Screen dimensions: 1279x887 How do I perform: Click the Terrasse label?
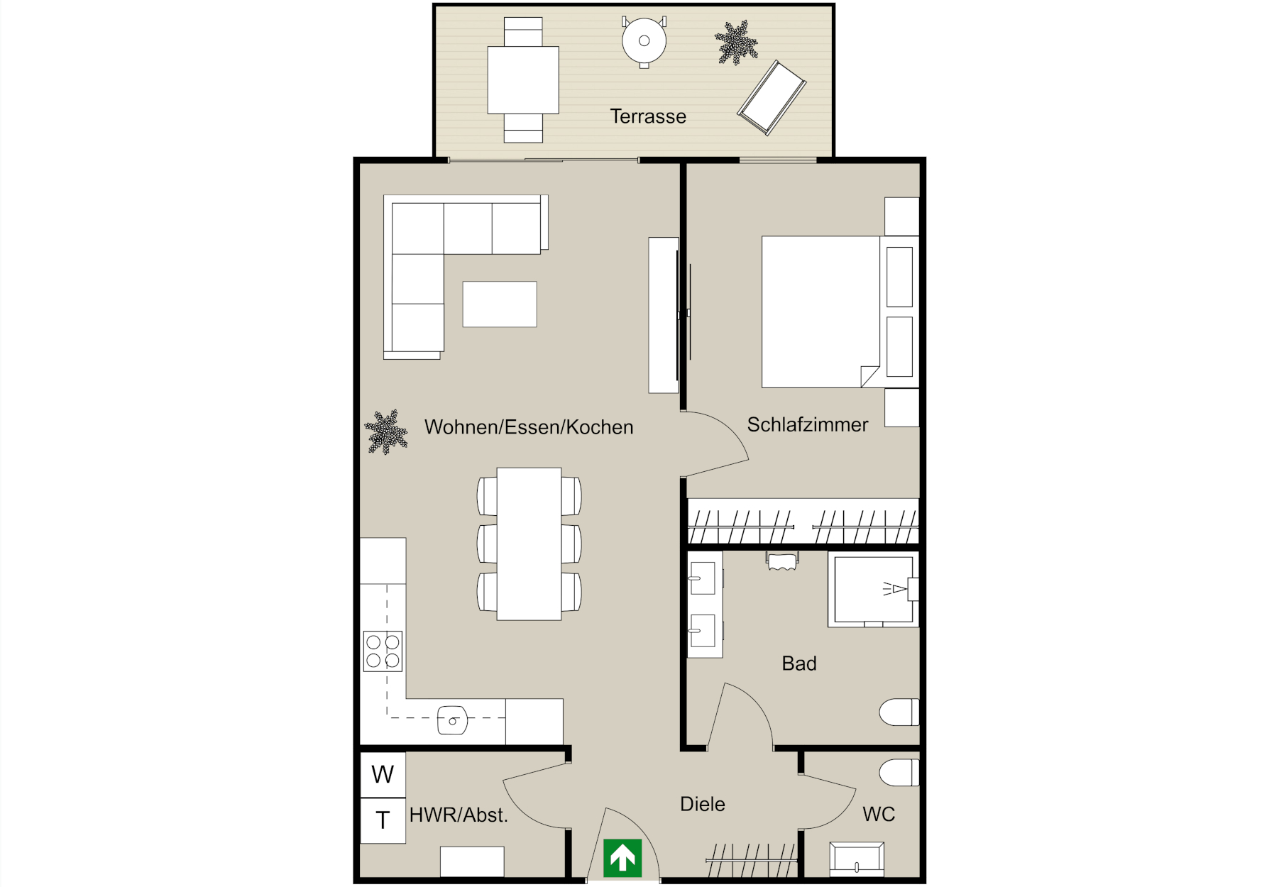[648, 116]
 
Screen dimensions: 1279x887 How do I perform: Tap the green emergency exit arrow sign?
[622, 857]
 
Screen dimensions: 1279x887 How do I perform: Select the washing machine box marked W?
[383, 775]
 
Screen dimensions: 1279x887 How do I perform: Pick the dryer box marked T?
[383, 820]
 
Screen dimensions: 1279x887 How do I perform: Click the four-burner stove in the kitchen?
[383, 651]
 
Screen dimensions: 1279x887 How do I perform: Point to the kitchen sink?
[452, 720]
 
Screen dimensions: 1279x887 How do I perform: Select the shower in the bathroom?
[874, 590]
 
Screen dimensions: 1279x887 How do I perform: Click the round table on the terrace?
[644, 41]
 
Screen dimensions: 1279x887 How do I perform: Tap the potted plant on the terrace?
[736, 43]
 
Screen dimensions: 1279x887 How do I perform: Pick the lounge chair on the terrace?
[772, 98]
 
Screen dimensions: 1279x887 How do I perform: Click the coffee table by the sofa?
[500, 304]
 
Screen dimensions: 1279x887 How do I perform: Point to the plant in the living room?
[385, 431]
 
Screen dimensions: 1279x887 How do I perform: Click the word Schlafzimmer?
[808, 425]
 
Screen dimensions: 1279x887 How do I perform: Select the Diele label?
[703, 804]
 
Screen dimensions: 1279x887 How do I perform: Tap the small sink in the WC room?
[857, 859]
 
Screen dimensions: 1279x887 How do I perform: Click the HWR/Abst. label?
[459, 815]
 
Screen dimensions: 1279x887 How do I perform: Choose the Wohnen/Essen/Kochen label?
[529, 427]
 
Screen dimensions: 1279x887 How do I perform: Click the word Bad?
[799, 663]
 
